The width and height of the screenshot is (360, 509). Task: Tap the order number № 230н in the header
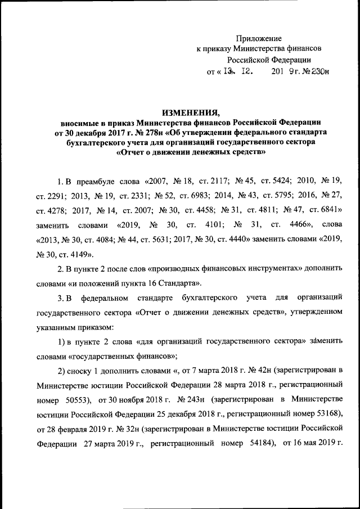(316, 71)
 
